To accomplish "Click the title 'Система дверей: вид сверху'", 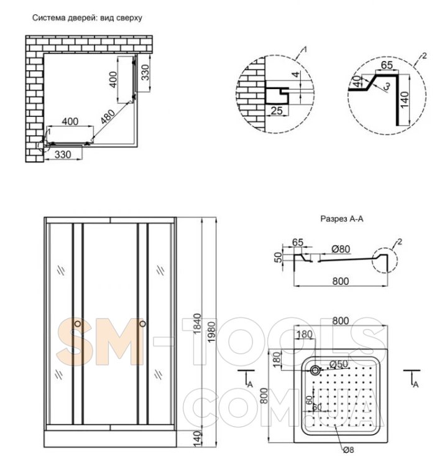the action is click(x=87, y=18).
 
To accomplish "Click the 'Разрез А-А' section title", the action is click(x=342, y=218).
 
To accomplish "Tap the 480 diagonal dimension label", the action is click(x=108, y=117).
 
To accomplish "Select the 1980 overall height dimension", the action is click(x=211, y=332).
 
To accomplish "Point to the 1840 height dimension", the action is click(x=197, y=323).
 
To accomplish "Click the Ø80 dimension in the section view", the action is click(x=341, y=249).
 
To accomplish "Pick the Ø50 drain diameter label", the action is click(x=339, y=364).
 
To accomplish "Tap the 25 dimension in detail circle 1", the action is click(x=277, y=111).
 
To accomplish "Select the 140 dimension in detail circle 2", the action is click(x=405, y=100).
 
